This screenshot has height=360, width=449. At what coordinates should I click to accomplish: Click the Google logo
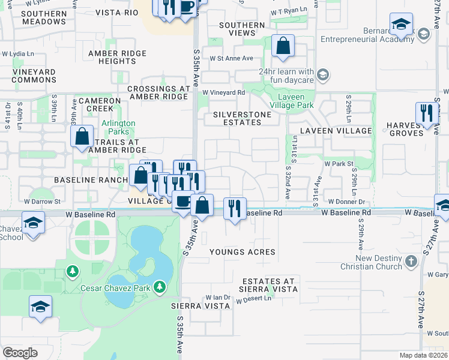tap(20, 352)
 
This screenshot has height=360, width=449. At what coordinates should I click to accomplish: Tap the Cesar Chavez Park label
tap(116, 288)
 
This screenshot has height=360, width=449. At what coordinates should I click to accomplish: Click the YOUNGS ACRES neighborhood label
tap(242, 252)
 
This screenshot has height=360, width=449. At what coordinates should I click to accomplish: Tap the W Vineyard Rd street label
tap(223, 92)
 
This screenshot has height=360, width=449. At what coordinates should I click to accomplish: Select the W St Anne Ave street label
tap(231, 58)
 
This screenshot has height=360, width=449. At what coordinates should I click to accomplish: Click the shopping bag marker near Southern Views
tap(282, 46)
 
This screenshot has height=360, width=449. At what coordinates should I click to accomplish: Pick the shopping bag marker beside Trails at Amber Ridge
tap(82, 136)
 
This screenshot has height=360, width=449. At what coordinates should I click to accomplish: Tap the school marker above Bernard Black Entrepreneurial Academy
tap(400, 25)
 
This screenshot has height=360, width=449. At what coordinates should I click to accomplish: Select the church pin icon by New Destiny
tap(411, 261)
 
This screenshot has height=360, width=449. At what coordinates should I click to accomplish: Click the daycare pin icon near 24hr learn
tap(323, 75)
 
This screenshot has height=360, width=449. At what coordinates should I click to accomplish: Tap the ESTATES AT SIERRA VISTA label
tap(270, 284)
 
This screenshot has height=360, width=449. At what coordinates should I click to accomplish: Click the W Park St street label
tap(340, 163)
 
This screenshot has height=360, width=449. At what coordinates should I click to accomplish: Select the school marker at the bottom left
tap(40, 307)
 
